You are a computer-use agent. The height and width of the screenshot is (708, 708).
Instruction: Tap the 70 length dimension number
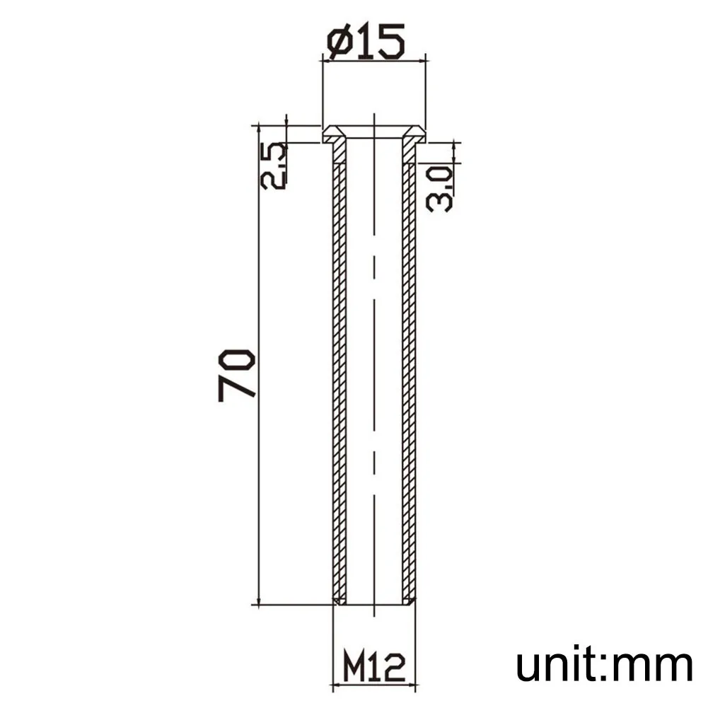[x=237, y=375]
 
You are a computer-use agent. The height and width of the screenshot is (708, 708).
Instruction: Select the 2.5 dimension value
[x=274, y=166]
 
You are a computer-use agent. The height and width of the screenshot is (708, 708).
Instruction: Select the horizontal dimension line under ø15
[x=374, y=62]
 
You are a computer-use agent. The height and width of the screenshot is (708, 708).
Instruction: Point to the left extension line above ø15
[x=323, y=92]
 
